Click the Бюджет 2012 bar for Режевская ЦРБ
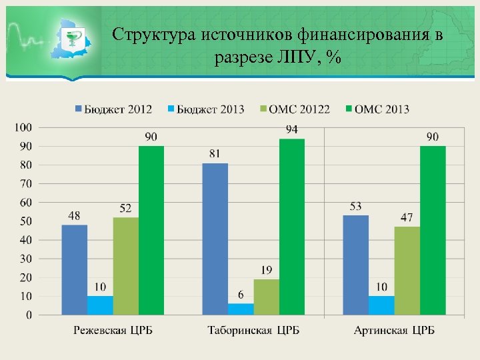coord(75,269)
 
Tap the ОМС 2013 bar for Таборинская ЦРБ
coord(292,227)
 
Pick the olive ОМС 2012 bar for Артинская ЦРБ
coord(407,271)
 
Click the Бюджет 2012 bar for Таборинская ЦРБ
coord(215,239)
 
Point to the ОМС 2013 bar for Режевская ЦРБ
coord(151,230)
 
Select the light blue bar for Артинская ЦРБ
coord(381,305)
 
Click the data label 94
coord(292,129)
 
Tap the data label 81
coord(215,154)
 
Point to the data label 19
coord(267,270)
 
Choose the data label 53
coord(355,207)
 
